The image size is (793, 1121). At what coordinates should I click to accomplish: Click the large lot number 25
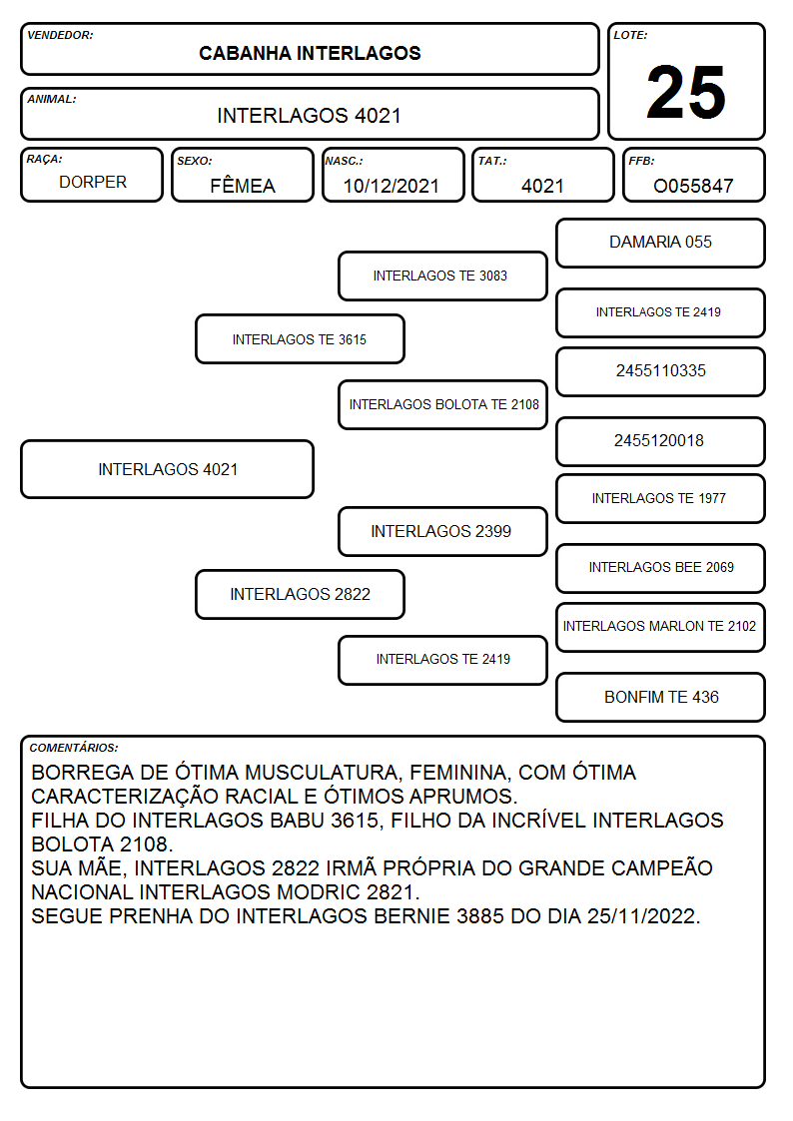point(686,92)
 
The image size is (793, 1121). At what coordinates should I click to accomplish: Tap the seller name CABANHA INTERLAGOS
point(310,53)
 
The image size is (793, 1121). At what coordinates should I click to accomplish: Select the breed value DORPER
point(93,183)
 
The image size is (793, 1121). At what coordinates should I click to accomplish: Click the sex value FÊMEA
point(243,185)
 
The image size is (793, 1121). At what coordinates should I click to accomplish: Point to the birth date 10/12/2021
point(392,186)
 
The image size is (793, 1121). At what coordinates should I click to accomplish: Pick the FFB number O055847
point(693,186)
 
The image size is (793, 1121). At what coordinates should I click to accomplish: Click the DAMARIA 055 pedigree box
point(661,244)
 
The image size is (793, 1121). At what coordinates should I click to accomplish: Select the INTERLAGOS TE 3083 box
point(442,276)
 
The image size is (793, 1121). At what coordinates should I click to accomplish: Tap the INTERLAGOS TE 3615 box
point(301,338)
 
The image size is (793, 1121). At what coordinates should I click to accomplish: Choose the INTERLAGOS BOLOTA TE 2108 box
point(442,404)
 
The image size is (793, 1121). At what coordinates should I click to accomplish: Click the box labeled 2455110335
point(661,371)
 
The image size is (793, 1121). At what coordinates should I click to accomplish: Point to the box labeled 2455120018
point(661,441)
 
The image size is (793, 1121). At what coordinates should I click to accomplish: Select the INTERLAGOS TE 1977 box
point(661,498)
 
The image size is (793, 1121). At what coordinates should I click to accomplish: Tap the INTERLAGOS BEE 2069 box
point(661,568)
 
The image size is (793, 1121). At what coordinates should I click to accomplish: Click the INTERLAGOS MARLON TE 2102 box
point(661,627)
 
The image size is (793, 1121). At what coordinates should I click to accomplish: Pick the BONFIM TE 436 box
point(661,697)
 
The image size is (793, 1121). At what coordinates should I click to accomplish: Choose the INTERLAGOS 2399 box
point(442,531)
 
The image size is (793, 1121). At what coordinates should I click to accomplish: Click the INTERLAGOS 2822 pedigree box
point(301,594)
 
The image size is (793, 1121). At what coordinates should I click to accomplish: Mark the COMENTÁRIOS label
point(74,748)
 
